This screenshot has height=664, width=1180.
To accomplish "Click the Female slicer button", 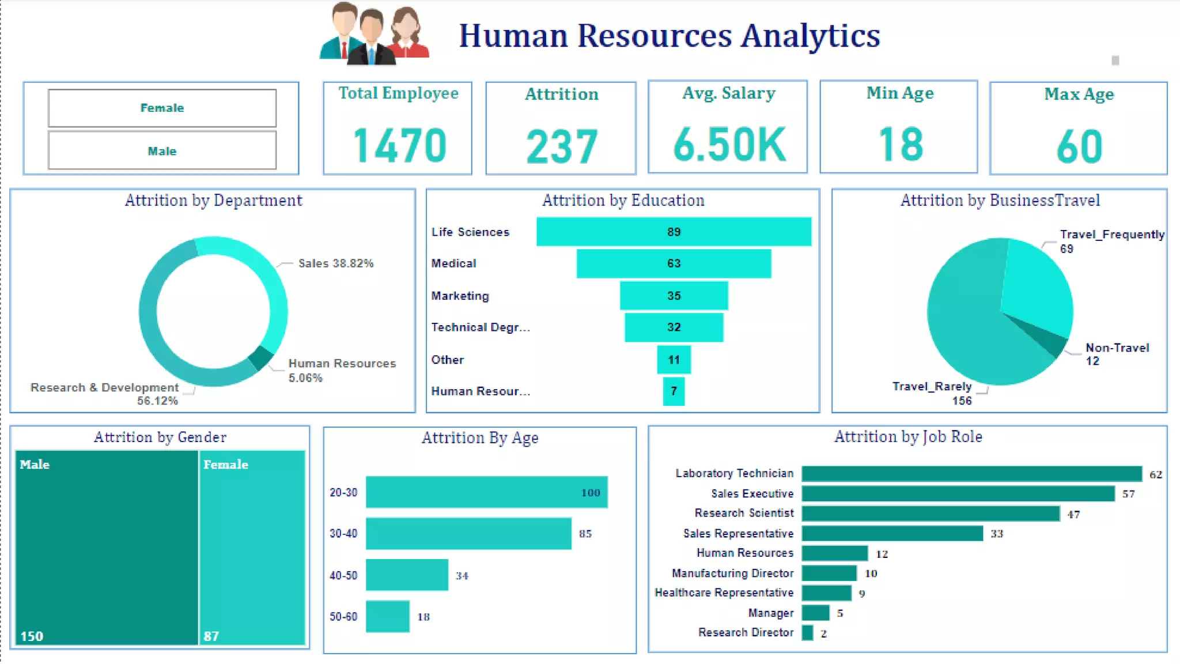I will pyautogui.click(x=162, y=108).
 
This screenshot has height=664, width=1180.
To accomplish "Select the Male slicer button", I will pyautogui.click(x=162, y=151).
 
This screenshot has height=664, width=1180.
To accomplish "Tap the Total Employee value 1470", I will pyautogui.click(x=399, y=145).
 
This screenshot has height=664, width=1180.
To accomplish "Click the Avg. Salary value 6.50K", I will pyautogui.click(x=729, y=144).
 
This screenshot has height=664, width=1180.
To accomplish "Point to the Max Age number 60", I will pyautogui.click(x=1079, y=146).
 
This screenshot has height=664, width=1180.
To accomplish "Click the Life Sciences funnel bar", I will pyautogui.click(x=674, y=232).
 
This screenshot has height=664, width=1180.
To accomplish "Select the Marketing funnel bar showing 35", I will pyautogui.click(x=674, y=296).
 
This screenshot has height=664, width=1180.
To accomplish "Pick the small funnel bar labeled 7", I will pyautogui.click(x=674, y=391).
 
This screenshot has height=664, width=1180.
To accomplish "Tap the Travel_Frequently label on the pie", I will pyautogui.click(x=1111, y=235).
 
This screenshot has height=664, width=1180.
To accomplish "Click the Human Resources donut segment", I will pyautogui.click(x=261, y=357).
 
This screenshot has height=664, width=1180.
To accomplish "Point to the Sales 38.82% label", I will pyautogui.click(x=335, y=263).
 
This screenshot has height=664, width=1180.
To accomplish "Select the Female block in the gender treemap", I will pyautogui.click(x=252, y=548).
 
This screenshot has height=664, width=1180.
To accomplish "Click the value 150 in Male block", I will pyautogui.click(x=32, y=636).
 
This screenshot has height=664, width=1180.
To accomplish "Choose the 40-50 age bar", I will pyautogui.click(x=407, y=575).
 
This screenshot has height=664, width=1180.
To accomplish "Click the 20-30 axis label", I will pyautogui.click(x=343, y=493).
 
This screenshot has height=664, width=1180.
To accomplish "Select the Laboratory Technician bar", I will pyautogui.click(x=971, y=474).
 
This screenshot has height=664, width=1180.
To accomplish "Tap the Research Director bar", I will pyautogui.click(x=807, y=633).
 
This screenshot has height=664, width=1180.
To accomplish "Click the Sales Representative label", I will pyautogui.click(x=738, y=534).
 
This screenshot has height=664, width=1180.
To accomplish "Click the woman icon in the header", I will pyautogui.click(x=407, y=32).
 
